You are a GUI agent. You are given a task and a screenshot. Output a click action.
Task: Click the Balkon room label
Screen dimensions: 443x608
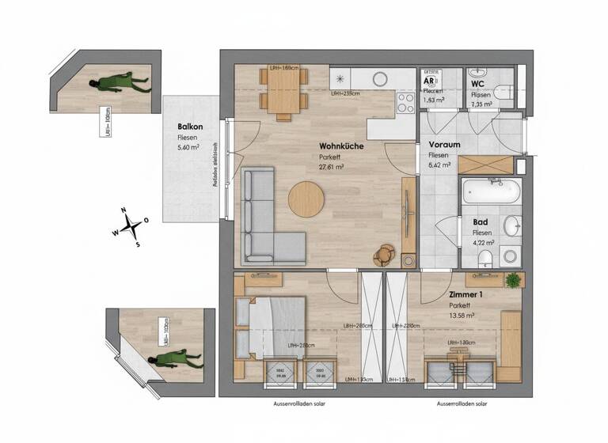coord(191,127)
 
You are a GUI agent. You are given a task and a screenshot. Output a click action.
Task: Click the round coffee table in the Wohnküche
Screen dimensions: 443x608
coord(306,199)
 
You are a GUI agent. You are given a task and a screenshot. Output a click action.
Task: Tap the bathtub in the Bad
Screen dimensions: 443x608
coord(492,192)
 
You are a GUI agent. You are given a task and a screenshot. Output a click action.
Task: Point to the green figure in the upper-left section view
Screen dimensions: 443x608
coord(119,82)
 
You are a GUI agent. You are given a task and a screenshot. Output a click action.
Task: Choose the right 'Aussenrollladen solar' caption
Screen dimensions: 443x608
coord(463,403)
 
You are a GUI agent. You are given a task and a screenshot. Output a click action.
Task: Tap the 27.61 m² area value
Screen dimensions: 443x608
coord(331,167)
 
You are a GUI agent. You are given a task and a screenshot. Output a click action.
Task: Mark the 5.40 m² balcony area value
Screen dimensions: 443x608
coord(188,148)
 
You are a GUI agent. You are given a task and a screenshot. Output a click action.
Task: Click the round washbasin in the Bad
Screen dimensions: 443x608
coord(512,224)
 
